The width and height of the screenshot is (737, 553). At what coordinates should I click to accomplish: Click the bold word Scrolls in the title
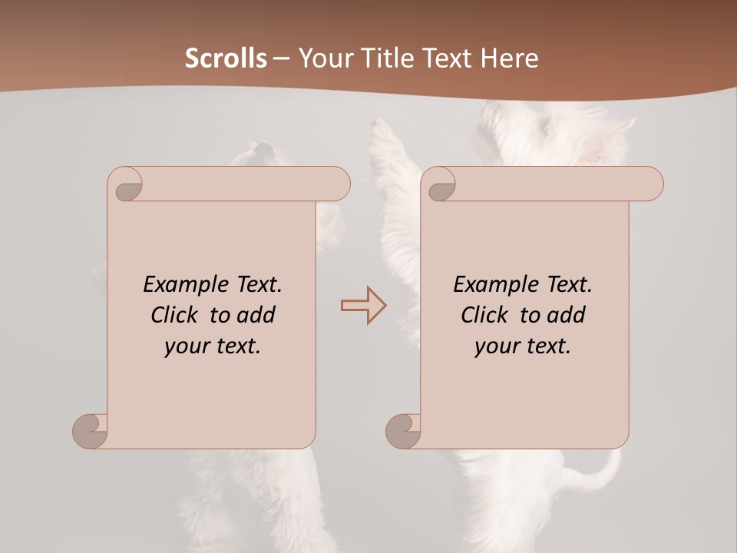tap(226, 58)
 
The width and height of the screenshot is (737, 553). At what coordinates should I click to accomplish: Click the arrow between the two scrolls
tap(364, 306)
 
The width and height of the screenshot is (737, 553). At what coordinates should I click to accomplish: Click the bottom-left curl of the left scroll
tap(91, 431)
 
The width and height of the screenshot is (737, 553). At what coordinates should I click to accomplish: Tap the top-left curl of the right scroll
tap(441, 186)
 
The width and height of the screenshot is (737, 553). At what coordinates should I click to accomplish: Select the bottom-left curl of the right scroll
tap(404, 431)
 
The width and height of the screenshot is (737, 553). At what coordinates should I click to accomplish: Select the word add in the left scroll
tap(256, 315)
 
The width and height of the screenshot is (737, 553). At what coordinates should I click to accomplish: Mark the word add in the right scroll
tap(567, 315)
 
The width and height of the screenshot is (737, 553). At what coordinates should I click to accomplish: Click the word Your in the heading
tap(320, 58)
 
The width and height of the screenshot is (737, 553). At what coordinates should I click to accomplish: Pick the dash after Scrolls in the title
tap(281, 59)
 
